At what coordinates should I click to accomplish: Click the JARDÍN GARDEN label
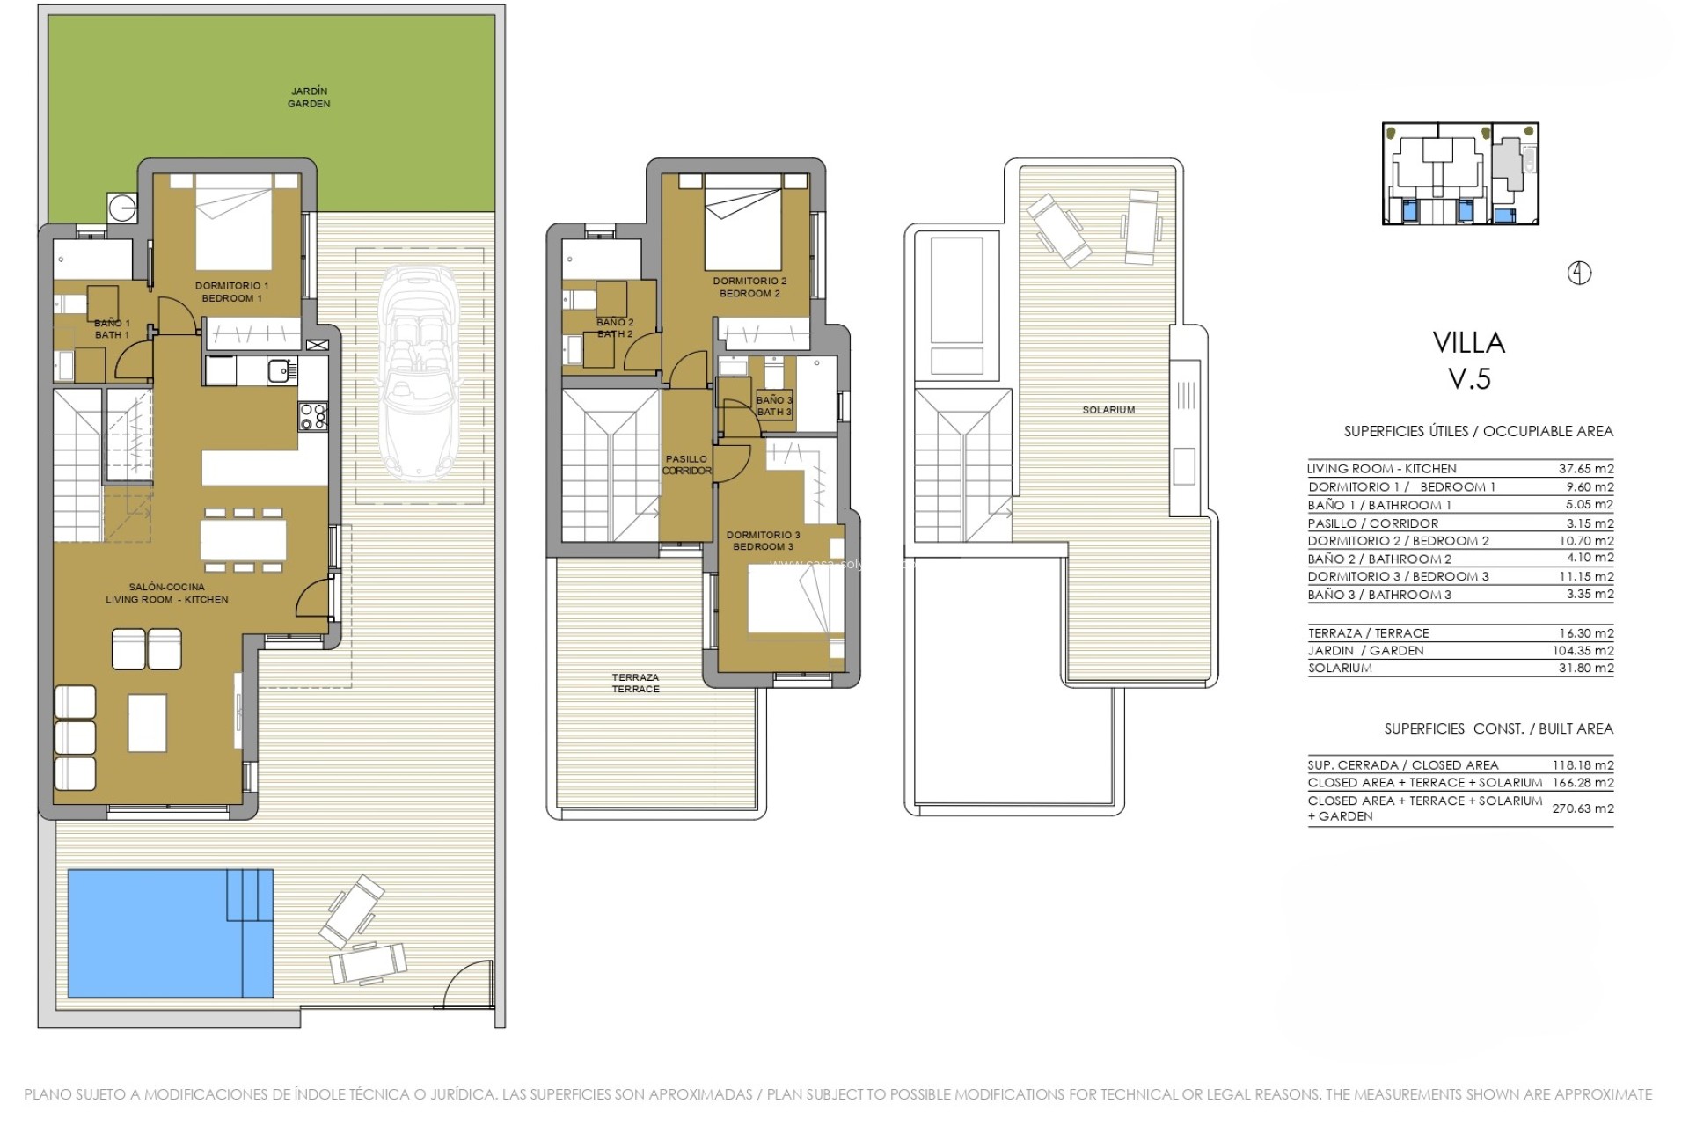tap(309, 98)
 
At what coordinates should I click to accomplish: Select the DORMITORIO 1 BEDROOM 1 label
tap(232, 292)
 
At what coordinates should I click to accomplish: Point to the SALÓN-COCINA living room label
tap(167, 593)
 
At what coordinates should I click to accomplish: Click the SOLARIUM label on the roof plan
tap(1108, 410)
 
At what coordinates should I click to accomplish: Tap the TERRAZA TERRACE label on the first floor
tap(636, 684)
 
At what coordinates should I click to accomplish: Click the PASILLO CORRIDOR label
tap(687, 464)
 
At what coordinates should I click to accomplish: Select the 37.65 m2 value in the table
tap(1586, 469)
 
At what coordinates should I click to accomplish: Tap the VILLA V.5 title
tap(1468, 360)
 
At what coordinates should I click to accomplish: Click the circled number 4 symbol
tap(1580, 274)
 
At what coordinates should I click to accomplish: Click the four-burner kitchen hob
tap(313, 416)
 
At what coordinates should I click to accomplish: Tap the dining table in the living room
tap(244, 539)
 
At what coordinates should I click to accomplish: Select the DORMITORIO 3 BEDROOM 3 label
tap(763, 540)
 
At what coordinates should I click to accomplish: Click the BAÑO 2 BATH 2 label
tap(615, 328)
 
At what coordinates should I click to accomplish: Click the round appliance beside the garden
tap(121, 208)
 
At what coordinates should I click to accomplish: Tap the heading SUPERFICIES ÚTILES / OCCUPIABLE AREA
tap(1478, 431)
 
